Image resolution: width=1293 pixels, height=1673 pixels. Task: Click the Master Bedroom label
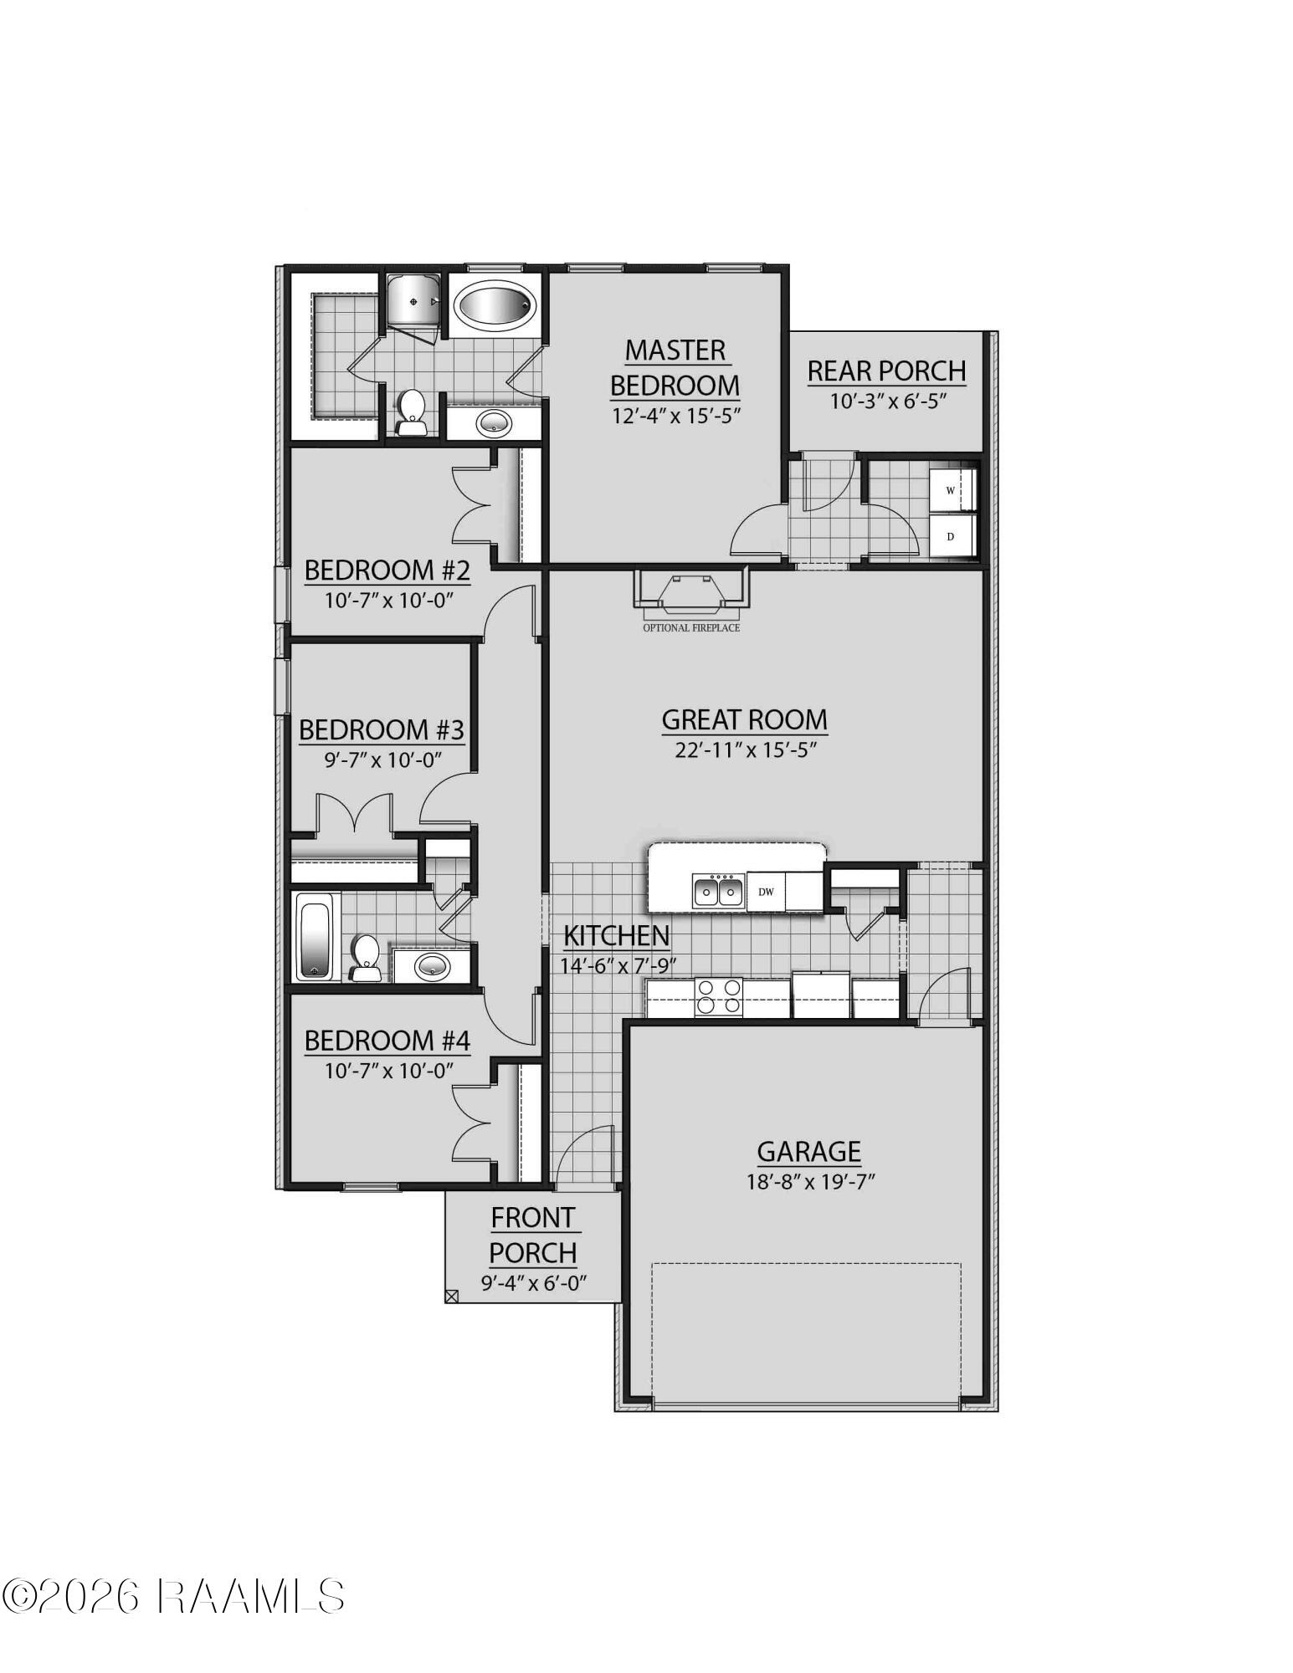pos(675,366)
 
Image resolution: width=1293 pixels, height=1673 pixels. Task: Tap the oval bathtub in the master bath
pos(495,306)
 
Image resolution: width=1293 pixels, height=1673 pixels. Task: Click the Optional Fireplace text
pos(691,627)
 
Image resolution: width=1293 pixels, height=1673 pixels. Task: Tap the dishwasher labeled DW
pos(766,892)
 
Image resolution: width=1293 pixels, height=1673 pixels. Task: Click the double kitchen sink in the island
pos(718,892)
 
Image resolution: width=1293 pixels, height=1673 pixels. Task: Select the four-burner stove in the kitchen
pos(719,997)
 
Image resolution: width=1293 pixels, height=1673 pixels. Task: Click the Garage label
pos(808,1152)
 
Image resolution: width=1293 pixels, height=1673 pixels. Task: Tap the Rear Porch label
pos(886,371)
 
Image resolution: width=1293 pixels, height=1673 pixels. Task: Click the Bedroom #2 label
pos(387,570)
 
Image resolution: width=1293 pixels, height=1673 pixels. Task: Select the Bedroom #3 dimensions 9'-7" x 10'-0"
pos(382,760)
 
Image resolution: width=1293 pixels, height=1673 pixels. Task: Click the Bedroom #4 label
pos(387,1041)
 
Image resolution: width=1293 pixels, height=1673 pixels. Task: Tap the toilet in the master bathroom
pos(411,413)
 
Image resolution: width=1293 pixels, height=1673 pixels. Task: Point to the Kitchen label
pos(616,935)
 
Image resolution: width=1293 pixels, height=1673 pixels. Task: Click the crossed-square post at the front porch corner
pos(452,1297)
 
